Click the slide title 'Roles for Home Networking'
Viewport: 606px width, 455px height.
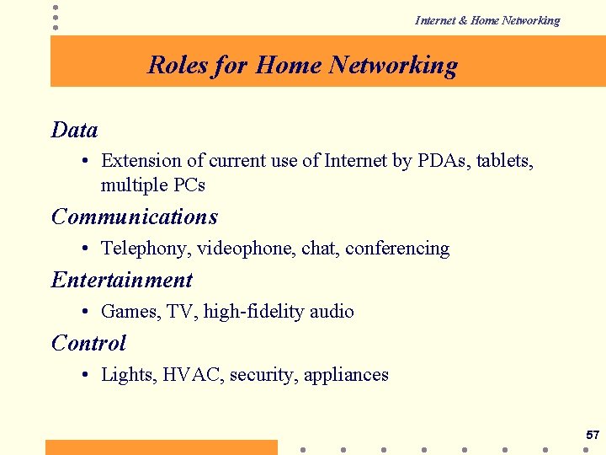(x=302, y=65)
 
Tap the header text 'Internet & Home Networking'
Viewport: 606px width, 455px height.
(x=486, y=20)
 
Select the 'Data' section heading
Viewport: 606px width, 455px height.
(x=74, y=130)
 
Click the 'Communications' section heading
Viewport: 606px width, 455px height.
(x=135, y=217)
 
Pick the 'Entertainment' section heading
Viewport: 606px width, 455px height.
(x=122, y=280)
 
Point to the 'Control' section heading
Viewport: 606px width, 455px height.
(x=88, y=343)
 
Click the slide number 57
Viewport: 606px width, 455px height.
(x=592, y=436)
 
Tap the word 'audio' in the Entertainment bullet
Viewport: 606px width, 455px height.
(x=331, y=312)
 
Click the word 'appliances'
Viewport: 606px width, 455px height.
(x=345, y=375)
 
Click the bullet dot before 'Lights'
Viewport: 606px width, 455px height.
(x=88, y=375)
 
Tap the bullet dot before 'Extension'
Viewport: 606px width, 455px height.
(x=88, y=160)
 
